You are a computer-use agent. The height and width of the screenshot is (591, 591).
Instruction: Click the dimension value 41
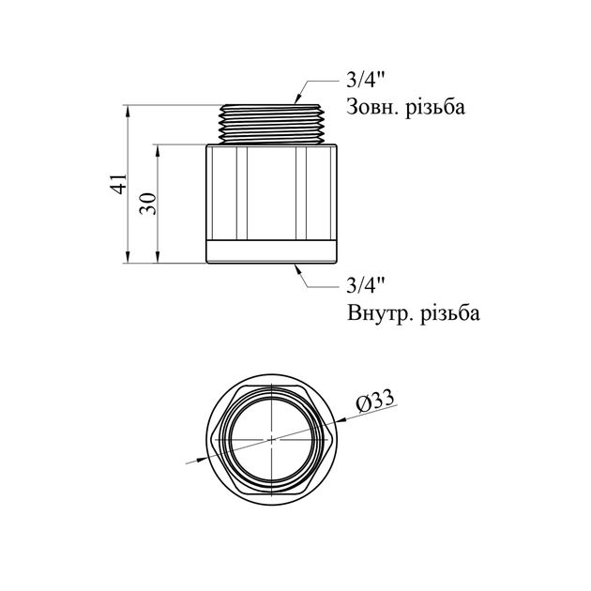tap(120, 184)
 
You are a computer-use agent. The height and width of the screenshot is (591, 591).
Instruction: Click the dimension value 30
tap(148, 204)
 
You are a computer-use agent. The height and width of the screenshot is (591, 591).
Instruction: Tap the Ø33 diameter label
tap(375, 402)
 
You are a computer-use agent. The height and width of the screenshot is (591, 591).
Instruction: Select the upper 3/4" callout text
tap(365, 80)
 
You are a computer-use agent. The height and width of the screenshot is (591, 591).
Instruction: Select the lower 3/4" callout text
tap(365, 285)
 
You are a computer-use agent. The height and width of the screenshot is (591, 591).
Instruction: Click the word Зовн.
tap(373, 107)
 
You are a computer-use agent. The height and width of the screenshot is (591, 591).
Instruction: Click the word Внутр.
tap(380, 312)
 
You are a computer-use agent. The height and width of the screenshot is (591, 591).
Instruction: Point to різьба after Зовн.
tap(435, 107)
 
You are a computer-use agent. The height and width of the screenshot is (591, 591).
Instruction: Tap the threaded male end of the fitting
tap(272, 124)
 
